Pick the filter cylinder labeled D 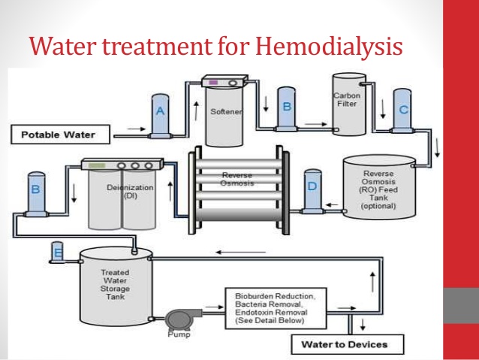point(312,191)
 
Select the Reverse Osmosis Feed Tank point(378,188)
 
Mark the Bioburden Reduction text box point(274,307)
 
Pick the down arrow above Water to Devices point(363,322)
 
